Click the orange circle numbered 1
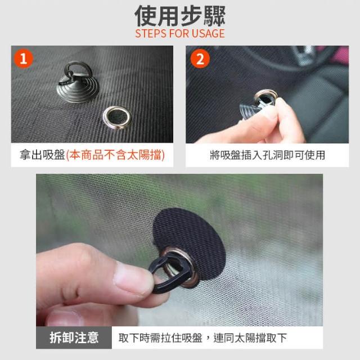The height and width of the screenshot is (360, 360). [x=24, y=58]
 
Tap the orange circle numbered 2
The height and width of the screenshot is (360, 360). [x=200, y=58]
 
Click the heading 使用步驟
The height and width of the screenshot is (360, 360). [x=180, y=16]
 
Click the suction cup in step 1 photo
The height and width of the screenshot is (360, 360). [x=78, y=84]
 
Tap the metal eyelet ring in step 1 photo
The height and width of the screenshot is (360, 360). [x=117, y=118]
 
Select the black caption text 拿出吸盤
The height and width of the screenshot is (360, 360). [x=43, y=155]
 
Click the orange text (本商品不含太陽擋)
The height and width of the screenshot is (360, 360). [x=115, y=155]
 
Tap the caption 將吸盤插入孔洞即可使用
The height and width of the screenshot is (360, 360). [x=267, y=155]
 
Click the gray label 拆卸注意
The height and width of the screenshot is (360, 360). [x=74, y=337]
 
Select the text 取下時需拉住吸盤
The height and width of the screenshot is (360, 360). [x=160, y=338]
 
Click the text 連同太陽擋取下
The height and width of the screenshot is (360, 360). [x=250, y=338]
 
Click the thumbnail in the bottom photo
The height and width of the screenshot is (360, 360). [x=133, y=278]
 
